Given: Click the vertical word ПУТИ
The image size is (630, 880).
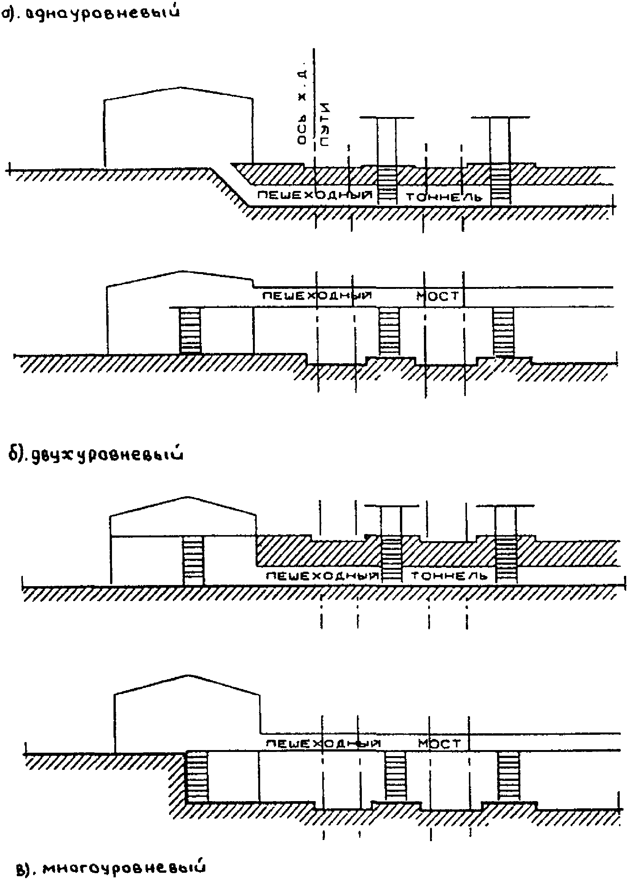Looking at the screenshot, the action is pos(325,124).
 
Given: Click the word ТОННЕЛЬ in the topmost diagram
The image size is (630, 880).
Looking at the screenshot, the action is pos(444,197).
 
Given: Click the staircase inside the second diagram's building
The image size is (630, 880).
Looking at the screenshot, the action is pos(190,330).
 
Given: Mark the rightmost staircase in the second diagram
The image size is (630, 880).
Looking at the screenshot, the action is pos(504,332).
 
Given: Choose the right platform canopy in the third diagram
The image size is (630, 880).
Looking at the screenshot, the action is pos(505,506).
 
